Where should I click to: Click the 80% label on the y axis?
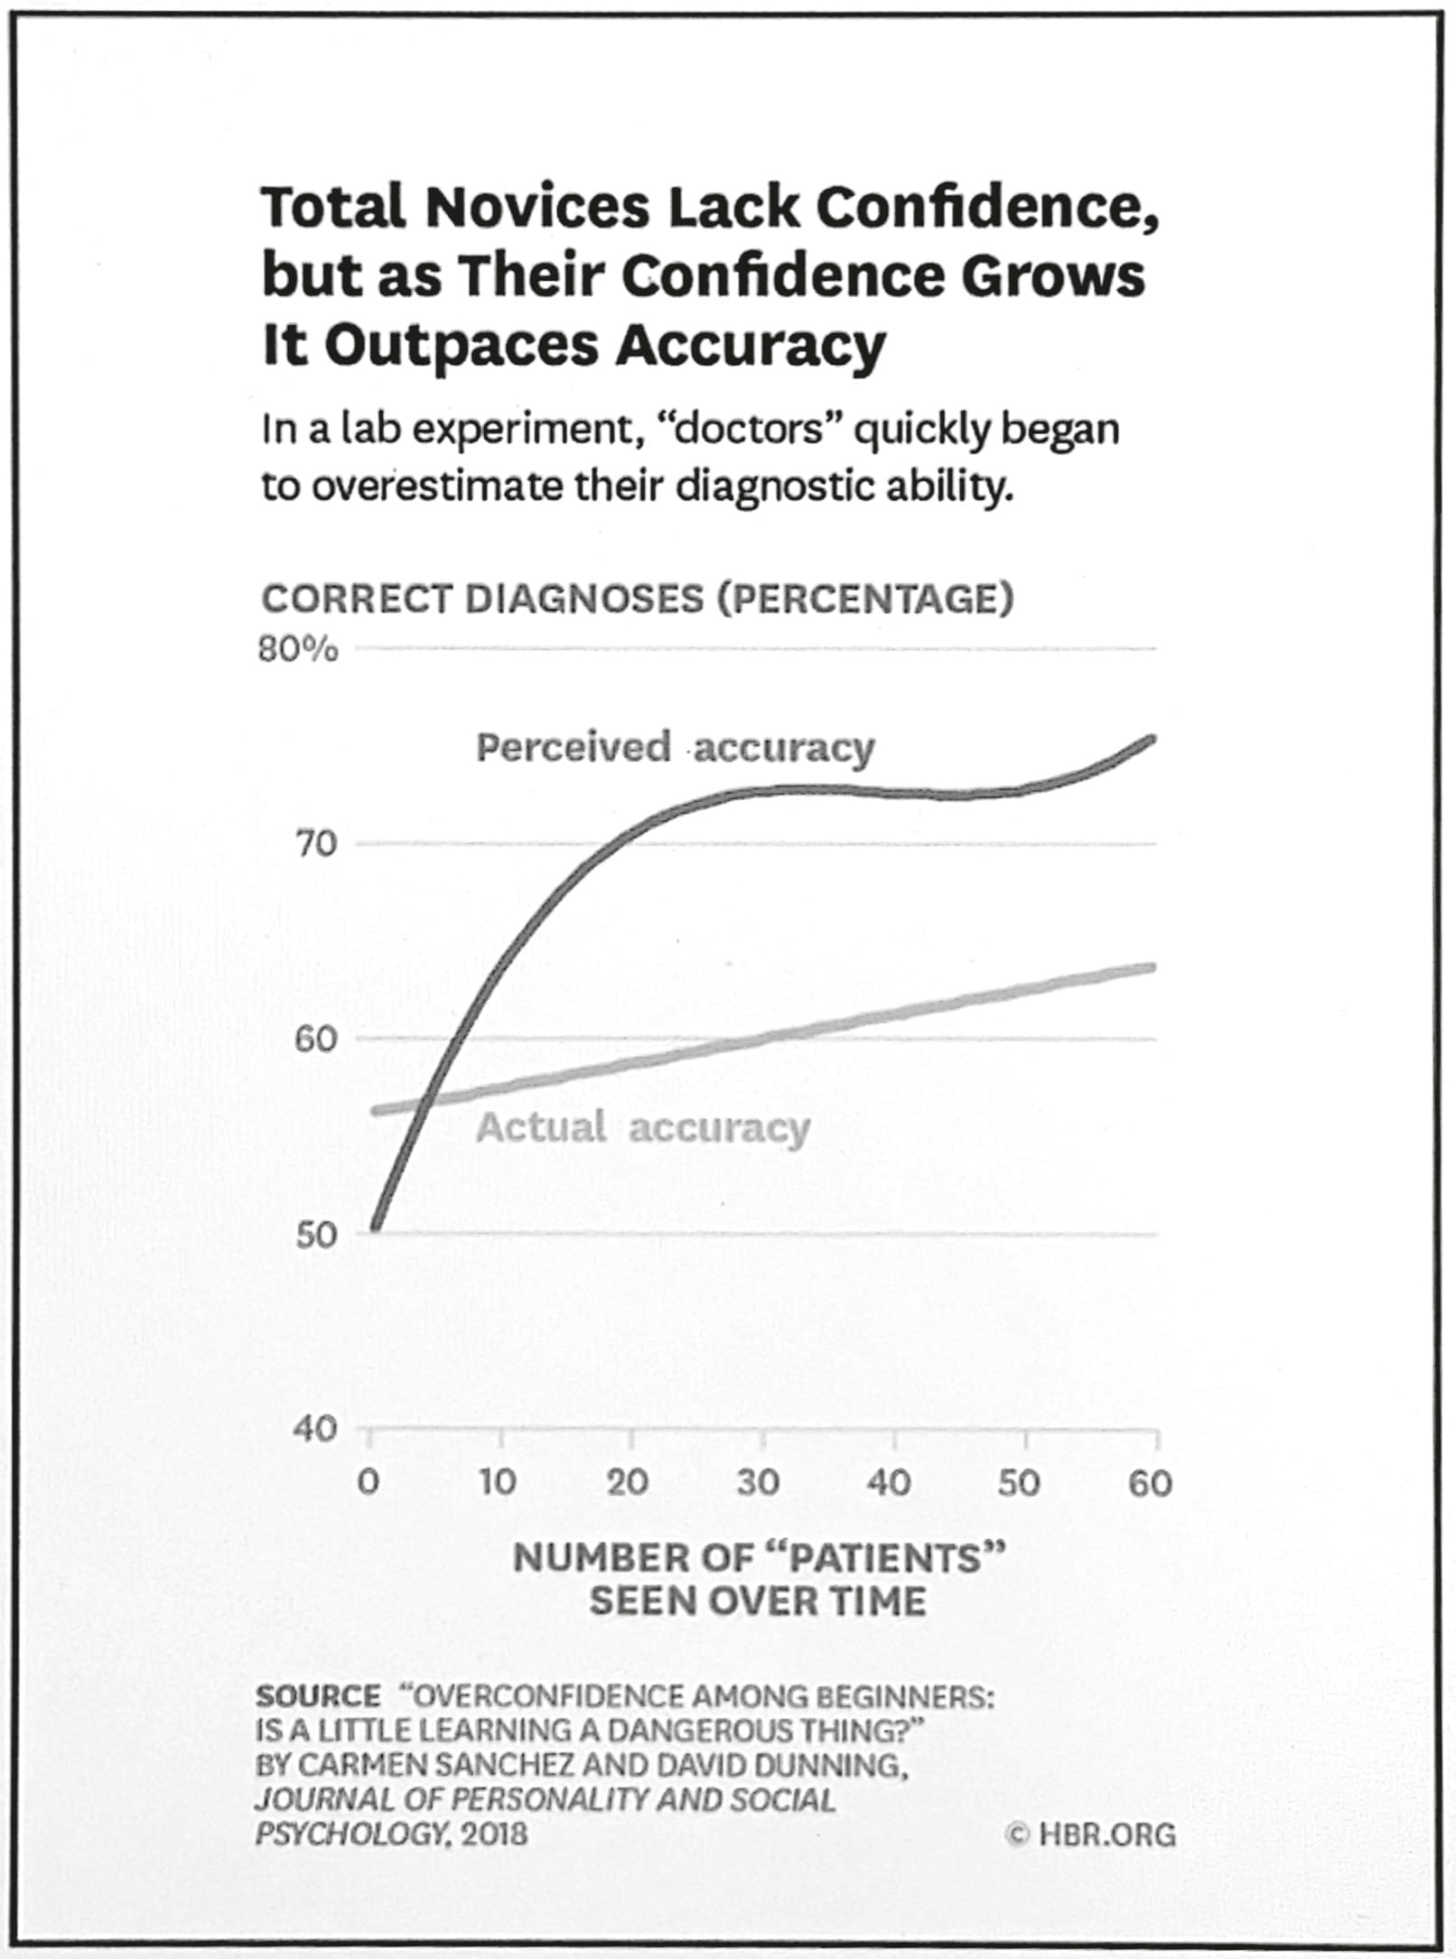coord(298,649)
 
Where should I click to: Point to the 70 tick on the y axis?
coord(315,844)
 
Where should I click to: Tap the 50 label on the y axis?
coord(315,1234)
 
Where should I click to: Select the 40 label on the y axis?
coord(315,1428)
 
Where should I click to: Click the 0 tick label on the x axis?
coord(369,1482)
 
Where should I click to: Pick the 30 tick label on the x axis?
coord(757,1482)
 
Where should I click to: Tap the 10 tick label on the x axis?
coord(497,1482)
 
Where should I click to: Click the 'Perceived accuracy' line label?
coord(675,749)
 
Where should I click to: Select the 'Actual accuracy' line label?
coord(642,1128)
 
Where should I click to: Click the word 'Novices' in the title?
coord(537,208)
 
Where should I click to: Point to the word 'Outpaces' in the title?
coord(460,345)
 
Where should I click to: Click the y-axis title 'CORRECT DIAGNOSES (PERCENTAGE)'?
coord(637,599)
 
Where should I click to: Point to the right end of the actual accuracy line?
coord(1153,967)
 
